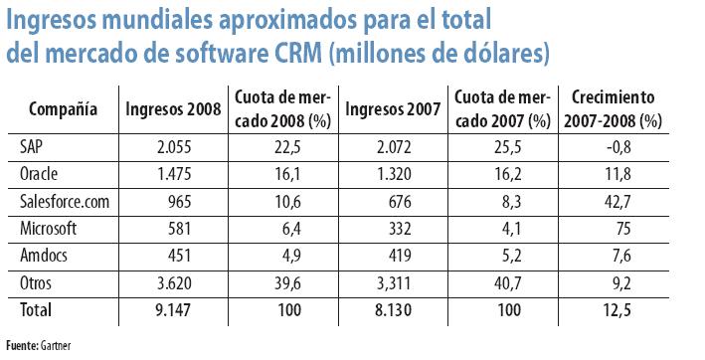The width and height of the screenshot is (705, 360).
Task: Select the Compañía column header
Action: (63, 108)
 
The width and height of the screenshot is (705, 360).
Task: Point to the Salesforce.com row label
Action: (61, 202)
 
